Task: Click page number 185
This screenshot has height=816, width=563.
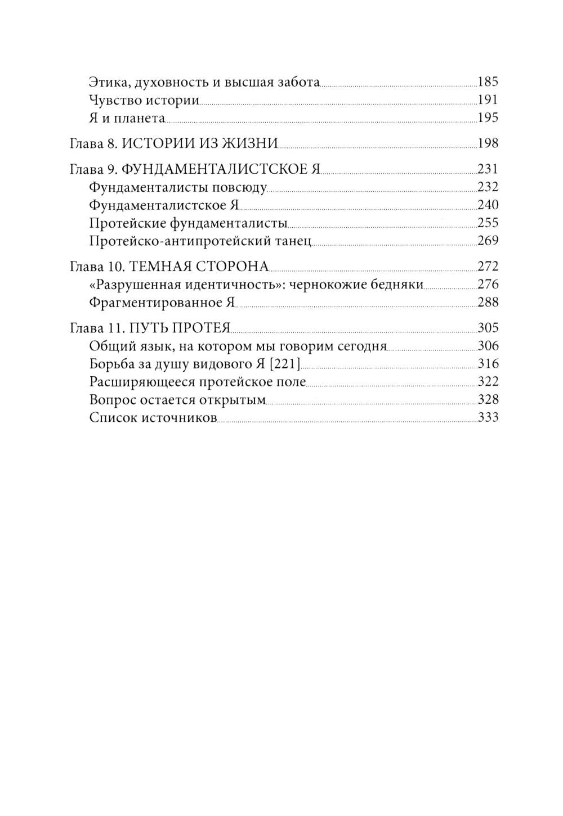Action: click(x=488, y=82)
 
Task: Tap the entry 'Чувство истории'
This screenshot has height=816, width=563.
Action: click(x=144, y=101)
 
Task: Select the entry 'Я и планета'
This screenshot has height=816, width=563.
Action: click(x=127, y=119)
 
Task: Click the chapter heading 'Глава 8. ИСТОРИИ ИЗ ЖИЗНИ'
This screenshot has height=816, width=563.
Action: click(x=173, y=144)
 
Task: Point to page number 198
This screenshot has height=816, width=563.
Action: click(x=488, y=144)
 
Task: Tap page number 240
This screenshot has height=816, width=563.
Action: click(x=488, y=205)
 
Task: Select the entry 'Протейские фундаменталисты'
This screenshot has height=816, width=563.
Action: click(x=188, y=223)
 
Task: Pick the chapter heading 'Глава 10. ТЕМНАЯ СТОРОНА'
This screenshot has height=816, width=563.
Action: click(x=168, y=267)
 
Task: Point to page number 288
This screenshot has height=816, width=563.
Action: click(x=488, y=303)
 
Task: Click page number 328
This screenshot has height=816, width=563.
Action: click(x=488, y=400)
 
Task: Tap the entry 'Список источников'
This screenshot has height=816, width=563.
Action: click(x=153, y=418)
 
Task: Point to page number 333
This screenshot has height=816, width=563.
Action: click(x=488, y=418)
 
